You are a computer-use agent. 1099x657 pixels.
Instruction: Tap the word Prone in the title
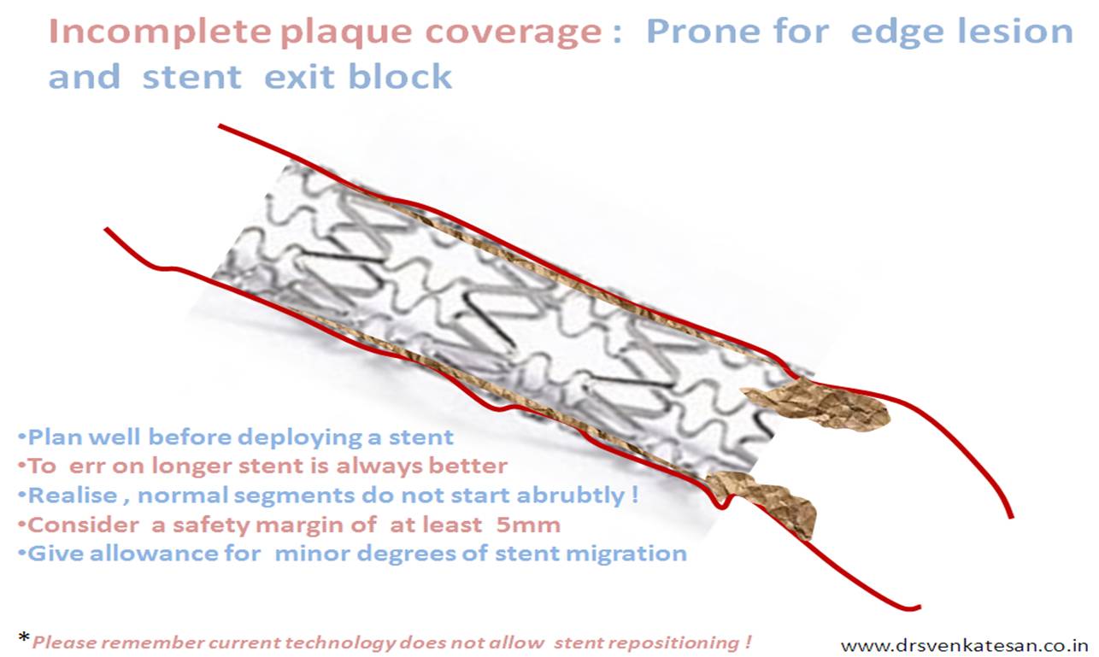pos(703,32)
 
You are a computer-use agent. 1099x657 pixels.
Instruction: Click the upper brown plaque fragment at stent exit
pos(816,404)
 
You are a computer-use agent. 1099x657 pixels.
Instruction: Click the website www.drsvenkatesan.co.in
pos(964,645)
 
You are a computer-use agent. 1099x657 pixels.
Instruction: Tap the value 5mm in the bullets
pos(528,525)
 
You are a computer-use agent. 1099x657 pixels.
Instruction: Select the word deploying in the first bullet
pos(303,437)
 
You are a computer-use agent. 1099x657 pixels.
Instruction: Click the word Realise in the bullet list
pos(73,495)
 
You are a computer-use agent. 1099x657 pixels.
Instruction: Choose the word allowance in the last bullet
pos(154,554)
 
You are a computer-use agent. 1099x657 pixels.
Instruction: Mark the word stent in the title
pos(192,77)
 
